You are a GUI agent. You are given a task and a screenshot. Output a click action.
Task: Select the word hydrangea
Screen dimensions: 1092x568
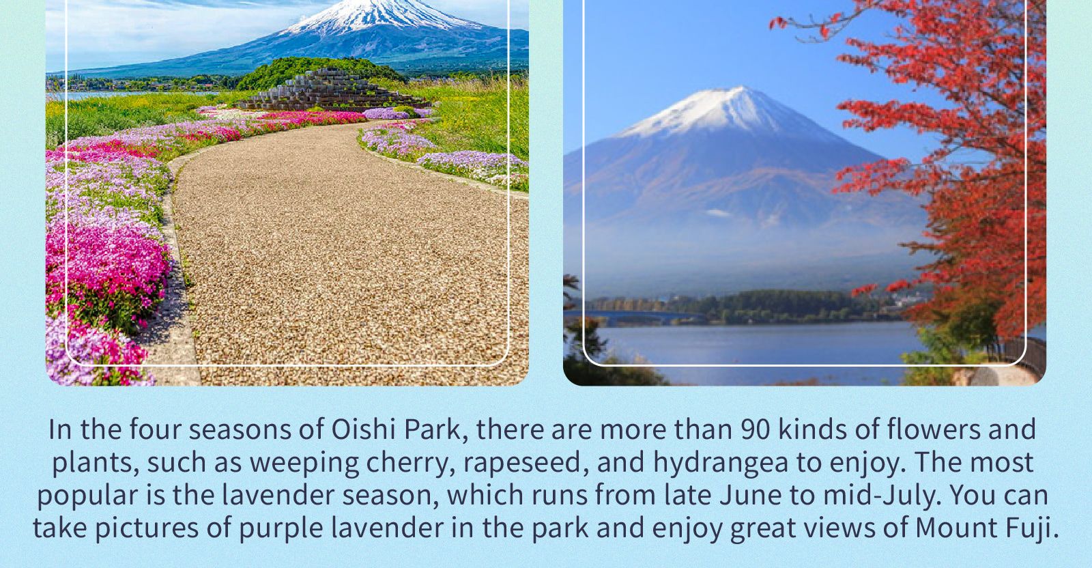(721, 463)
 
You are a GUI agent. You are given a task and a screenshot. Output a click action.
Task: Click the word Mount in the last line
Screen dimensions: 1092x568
(952, 528)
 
